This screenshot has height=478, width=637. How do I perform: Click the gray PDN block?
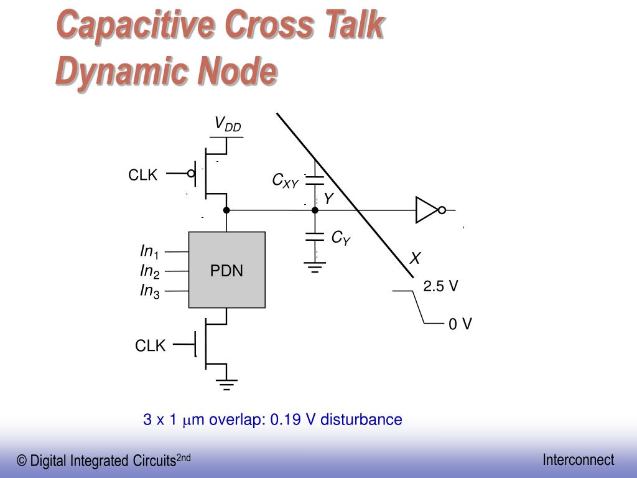tap(227, 270)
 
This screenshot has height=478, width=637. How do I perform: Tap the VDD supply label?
tap(227, 124)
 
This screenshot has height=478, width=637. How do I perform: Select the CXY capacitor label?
tap(286, 180)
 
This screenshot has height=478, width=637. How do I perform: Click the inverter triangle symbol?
tap(427, 210)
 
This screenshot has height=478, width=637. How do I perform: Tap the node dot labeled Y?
tap(315, 210)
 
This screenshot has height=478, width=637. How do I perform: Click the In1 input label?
tap(149, 252)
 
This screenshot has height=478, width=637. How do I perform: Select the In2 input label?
tap(149, 271)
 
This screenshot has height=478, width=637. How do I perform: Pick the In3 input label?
tap(149, 291)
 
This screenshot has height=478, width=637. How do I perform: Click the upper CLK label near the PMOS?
tap(143, 176)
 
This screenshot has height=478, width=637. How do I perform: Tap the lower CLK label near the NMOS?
tap(151, 346)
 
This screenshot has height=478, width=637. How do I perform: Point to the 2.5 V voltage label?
tap(440, 286)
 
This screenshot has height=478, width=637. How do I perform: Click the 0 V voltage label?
tap(460, 324)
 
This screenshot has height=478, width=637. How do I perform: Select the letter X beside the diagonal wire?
tap(415, 259)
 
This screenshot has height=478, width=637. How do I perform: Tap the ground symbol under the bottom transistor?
tap(226, 384)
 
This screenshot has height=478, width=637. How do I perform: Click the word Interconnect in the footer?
tap(578, 460)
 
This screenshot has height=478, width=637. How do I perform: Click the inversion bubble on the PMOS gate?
tap(192, 174)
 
